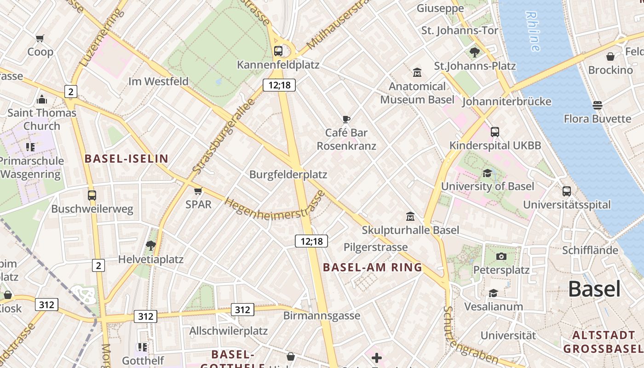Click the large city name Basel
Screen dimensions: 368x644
[594, 289]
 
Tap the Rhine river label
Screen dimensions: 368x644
[533, 31]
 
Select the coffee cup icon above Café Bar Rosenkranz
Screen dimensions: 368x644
[346, 120]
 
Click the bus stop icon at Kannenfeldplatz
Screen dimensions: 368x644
[278, 51]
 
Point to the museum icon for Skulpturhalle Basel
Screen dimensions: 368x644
[410, 216]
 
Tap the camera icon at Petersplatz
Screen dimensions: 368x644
[501, 256]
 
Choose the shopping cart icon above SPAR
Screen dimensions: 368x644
[198, 191]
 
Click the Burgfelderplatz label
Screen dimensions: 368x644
[288, 175]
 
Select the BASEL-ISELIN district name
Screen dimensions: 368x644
[126, 159]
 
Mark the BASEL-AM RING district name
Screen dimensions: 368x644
[372, 267]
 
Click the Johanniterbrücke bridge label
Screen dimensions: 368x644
[506, 102]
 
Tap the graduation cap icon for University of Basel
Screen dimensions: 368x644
[487, 173]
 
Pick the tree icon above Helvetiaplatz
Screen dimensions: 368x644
[150, 245]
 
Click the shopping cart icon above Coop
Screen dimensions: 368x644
[40, 38]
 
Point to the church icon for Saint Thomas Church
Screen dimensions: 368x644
[42, 99]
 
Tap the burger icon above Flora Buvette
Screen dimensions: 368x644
[598, 105]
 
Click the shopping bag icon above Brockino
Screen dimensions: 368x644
[610, 57]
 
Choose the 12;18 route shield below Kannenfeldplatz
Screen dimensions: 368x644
[279, 85]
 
